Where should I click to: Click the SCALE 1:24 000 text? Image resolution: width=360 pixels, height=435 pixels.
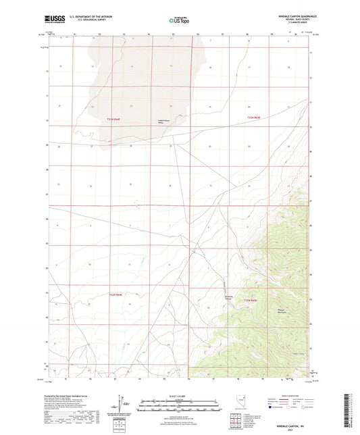click(179, 396)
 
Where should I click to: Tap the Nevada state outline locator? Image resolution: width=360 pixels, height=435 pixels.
click(244, 405)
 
